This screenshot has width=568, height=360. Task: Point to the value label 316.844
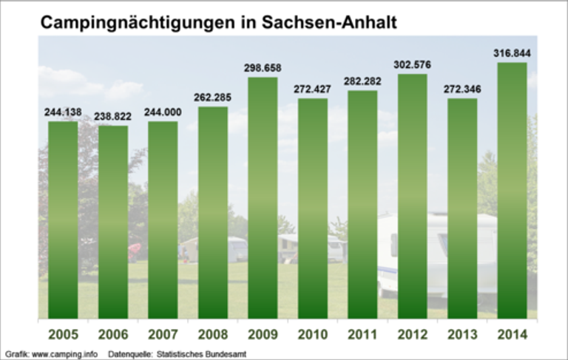pos(512,53)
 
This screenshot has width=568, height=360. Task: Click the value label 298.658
pos(263,68)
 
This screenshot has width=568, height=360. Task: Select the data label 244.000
pos(163,112)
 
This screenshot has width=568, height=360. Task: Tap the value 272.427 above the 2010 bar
pos(313,89)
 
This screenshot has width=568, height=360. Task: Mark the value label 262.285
pos(213,98)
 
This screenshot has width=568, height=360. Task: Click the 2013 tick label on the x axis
pos(462,335)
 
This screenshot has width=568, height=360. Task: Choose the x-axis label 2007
pos(163,335)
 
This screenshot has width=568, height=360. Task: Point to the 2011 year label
pos(362,335)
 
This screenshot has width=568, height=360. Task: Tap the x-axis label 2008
pos(213,335)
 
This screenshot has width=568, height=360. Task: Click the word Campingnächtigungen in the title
pos(137,23)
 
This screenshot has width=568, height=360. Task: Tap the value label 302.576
pos(412,65)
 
